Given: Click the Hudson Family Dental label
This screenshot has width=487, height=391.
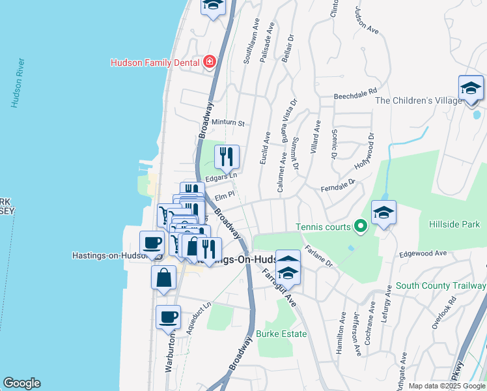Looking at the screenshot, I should tap(154, 63).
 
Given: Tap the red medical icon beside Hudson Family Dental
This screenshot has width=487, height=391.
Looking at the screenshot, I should tap(210, 63).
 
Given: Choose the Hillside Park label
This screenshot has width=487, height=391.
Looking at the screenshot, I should tap(454, 224).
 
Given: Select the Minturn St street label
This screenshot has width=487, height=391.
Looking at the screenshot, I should tap(227, 123).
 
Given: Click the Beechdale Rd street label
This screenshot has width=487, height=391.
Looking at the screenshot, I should tap(355, 94).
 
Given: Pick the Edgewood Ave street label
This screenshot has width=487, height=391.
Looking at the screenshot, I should tap(423, 253).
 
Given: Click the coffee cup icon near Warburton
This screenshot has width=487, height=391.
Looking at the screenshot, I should tap(168, 317).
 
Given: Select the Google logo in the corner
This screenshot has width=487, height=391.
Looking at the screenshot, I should tap(21, 383).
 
